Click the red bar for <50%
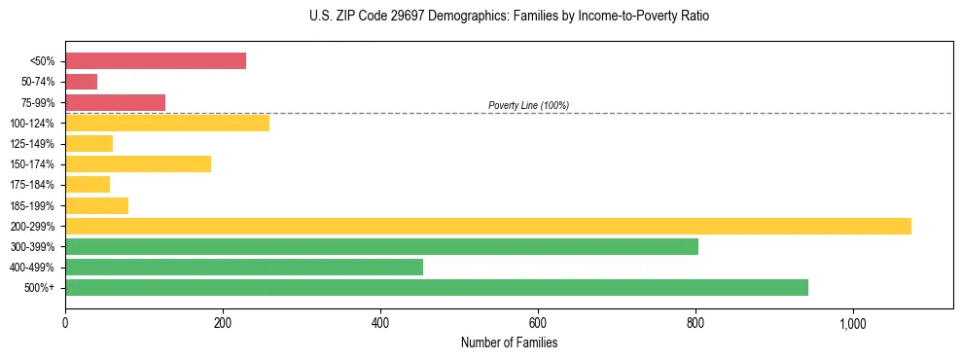coord(156,60)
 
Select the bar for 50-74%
coord(82,82)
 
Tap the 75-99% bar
coord(115,102)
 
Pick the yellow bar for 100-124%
coord(167,123)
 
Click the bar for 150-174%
coord(138,163)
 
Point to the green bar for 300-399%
coord(381,246)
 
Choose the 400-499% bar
coord(244,267)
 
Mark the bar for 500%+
coord(437,287)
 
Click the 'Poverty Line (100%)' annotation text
coord(528,105)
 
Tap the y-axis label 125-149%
coord(32,144)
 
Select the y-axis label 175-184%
coord(32,185)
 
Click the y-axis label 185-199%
coord(32,205)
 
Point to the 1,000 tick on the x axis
coord(853,322)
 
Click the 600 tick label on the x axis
coord(538,322)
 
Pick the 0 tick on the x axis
coord(65,322)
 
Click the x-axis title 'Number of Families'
coord(509,342)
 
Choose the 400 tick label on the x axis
coord(380,322)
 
